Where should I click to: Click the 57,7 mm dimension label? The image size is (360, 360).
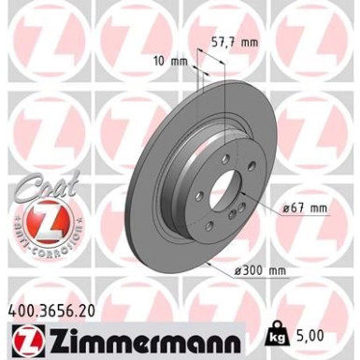[237, 43]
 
